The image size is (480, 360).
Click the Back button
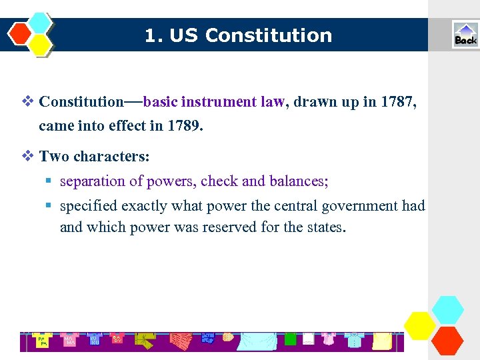click(x=465, y=35)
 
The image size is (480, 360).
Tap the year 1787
click(x=399, y=102)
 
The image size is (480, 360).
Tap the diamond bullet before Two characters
click(x=27, y=157)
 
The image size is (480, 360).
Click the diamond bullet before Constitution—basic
click(x=27, y=102)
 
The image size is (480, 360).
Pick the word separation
click(x=93, y=181)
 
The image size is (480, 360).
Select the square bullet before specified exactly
click(x=49, y=206)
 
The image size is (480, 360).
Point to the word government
click(x=359, y=205)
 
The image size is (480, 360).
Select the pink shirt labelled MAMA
click(x=69, y=339)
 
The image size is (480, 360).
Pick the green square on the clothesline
click(x=290, y=339)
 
